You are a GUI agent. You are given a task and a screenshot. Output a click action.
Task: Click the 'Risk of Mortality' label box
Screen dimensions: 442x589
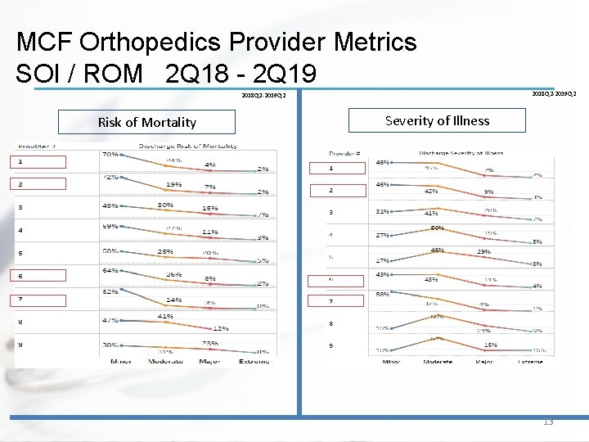(x=146, y=123)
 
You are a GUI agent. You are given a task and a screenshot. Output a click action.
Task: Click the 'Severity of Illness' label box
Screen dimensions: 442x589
(x=437, y=121)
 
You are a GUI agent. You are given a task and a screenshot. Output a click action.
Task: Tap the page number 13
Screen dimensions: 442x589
(x=547, y=422)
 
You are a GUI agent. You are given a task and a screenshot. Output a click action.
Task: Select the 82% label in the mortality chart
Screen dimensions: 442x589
(x=110, y=292)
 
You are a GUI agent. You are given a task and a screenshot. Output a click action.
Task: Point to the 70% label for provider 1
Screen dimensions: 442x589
(x=110, y=154)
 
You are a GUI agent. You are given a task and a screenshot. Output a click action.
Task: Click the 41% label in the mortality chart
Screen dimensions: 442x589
(x=165, y=315)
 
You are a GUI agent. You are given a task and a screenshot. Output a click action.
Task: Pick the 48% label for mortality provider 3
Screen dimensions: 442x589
(x=110, y=205)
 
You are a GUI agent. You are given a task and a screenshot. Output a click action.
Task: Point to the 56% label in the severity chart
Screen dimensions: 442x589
(x=382, y=293)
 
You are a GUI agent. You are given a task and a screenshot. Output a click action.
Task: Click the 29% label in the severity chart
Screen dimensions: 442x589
(x=484, y=252)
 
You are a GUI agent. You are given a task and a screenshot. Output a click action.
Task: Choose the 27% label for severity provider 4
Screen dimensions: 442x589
(x=382, y=235)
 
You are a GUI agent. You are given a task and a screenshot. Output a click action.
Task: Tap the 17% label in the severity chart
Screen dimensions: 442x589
(x=382, y=261)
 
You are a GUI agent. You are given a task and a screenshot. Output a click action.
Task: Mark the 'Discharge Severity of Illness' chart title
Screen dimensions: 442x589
(x=461, y=153)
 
